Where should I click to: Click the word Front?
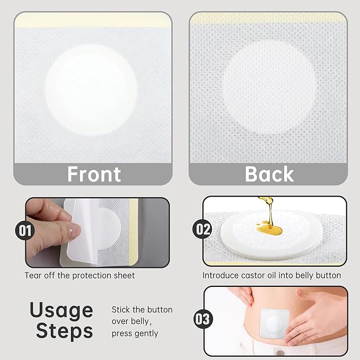94,174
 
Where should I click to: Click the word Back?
269,174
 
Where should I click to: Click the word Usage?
61,310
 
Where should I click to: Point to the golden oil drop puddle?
270,230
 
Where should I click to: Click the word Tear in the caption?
32,276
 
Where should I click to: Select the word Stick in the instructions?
120,310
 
